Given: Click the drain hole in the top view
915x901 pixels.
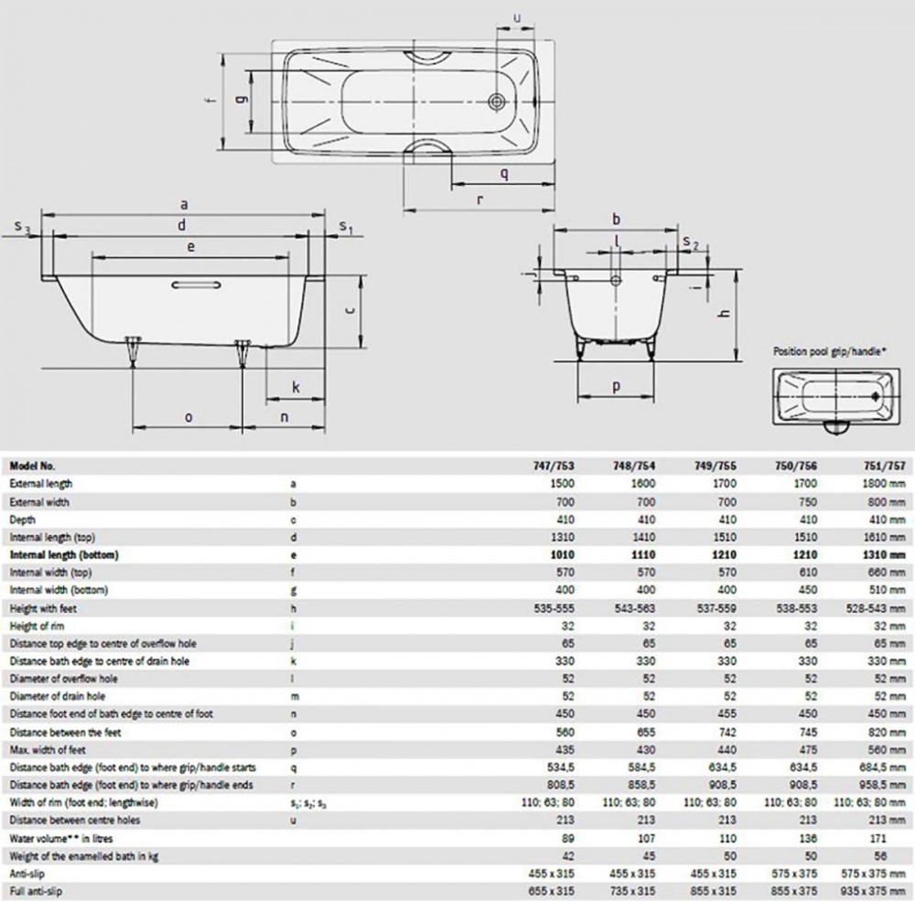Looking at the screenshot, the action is [x=497, y=102].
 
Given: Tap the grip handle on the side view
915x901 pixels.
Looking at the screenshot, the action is [x=197, y=284].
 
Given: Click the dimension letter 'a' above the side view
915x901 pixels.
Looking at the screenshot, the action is [x=184, y=205].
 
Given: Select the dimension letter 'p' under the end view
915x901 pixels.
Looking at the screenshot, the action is [x=616, y=386].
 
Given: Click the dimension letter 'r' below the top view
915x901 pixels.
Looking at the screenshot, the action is [x=479, y=200].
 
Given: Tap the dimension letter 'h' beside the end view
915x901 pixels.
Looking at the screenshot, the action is [x=725, y=313].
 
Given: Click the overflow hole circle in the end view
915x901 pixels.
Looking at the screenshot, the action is [x=616, y=281].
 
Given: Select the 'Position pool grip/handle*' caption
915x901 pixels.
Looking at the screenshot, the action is [x=829, y=351].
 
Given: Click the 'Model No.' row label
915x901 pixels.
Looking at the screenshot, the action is [x=32, y=466].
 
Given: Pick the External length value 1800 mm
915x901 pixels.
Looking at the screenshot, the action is [x=884, y=483].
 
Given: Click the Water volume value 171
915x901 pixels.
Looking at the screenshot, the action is [x=877, y=839].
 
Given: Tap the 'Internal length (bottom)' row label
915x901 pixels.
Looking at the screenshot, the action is [x=64, y=554].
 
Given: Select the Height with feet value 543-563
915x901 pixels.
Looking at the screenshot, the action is [x=635, y=608].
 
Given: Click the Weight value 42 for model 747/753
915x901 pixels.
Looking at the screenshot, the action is [x=567, y=856].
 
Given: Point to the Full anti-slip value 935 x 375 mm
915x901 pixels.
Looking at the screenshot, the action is [x=872, y=891].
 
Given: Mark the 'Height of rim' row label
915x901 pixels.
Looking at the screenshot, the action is [x=37, y=626].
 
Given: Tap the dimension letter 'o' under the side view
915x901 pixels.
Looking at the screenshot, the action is [x=188, y=418].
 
